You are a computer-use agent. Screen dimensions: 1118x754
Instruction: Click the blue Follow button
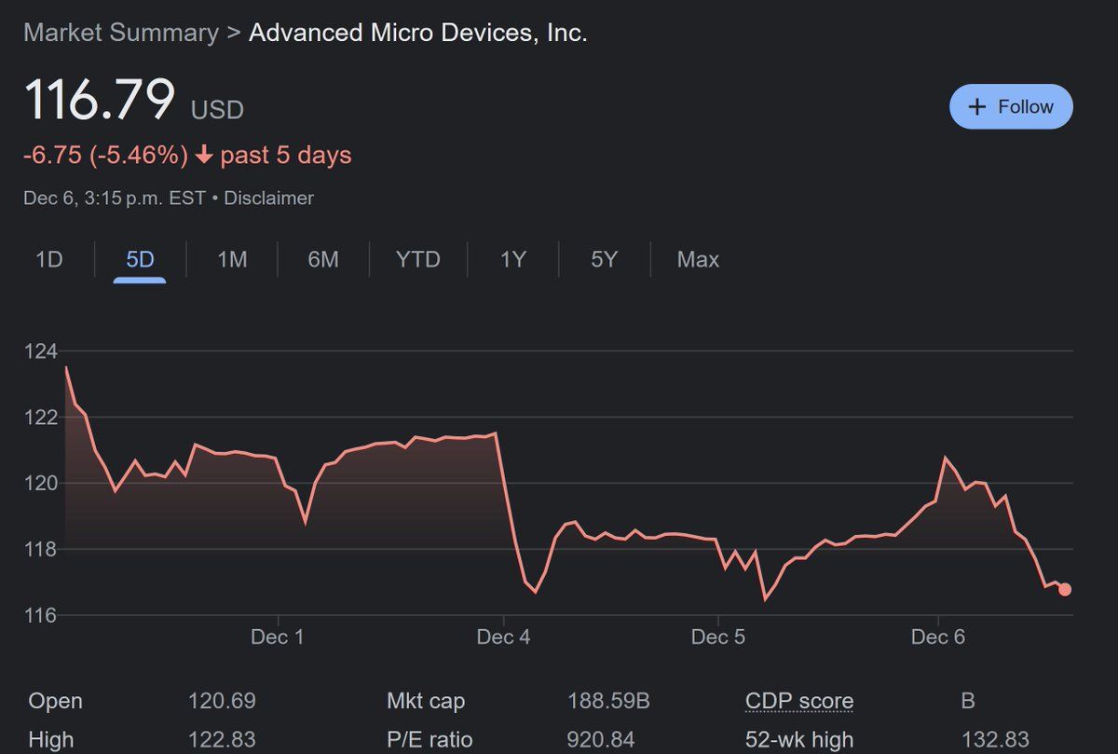[1011, 106]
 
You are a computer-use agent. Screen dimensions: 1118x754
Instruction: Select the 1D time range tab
[48, 260]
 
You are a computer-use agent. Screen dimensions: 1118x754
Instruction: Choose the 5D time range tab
[140, 260]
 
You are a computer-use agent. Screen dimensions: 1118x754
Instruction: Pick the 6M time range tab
[323, 260]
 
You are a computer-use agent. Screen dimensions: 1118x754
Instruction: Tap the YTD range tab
[417, 260]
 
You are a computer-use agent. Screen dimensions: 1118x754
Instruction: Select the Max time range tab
[698, 260]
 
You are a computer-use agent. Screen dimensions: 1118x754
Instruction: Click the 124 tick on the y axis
[41, 351]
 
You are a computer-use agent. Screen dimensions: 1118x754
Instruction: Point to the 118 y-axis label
[41, 549]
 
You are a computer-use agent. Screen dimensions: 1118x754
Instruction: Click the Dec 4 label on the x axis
[503, 637]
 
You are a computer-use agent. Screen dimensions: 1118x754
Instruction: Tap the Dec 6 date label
[938, 637]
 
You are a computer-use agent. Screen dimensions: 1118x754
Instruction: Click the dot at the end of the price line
[1065, 590]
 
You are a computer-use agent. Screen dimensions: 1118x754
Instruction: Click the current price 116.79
[100, 99]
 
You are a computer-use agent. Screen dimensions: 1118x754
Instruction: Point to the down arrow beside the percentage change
[204, 155]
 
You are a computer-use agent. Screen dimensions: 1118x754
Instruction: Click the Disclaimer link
[268, 199]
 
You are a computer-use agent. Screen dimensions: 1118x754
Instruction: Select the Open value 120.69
[222, 701]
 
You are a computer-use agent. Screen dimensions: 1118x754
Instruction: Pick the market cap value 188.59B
[608, 701]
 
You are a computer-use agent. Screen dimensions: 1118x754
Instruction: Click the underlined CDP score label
[799, 702]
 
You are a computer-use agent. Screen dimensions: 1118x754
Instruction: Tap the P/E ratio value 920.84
[600, 739]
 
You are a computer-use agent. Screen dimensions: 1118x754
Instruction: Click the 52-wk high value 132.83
[995, 739]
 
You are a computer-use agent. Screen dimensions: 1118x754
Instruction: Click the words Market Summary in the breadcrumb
[121, 33]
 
